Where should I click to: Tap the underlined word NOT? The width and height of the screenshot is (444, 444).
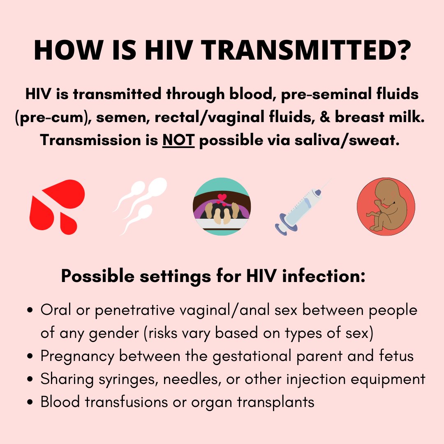178,141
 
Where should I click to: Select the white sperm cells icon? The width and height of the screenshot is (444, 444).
140,206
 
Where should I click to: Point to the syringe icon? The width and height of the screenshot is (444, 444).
303,208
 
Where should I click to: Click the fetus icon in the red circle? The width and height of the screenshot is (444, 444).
386,206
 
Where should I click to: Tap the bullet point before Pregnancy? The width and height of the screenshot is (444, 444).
30,356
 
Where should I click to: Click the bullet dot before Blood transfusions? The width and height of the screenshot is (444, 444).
30,402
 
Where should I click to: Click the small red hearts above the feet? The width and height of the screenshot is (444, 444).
222,198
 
